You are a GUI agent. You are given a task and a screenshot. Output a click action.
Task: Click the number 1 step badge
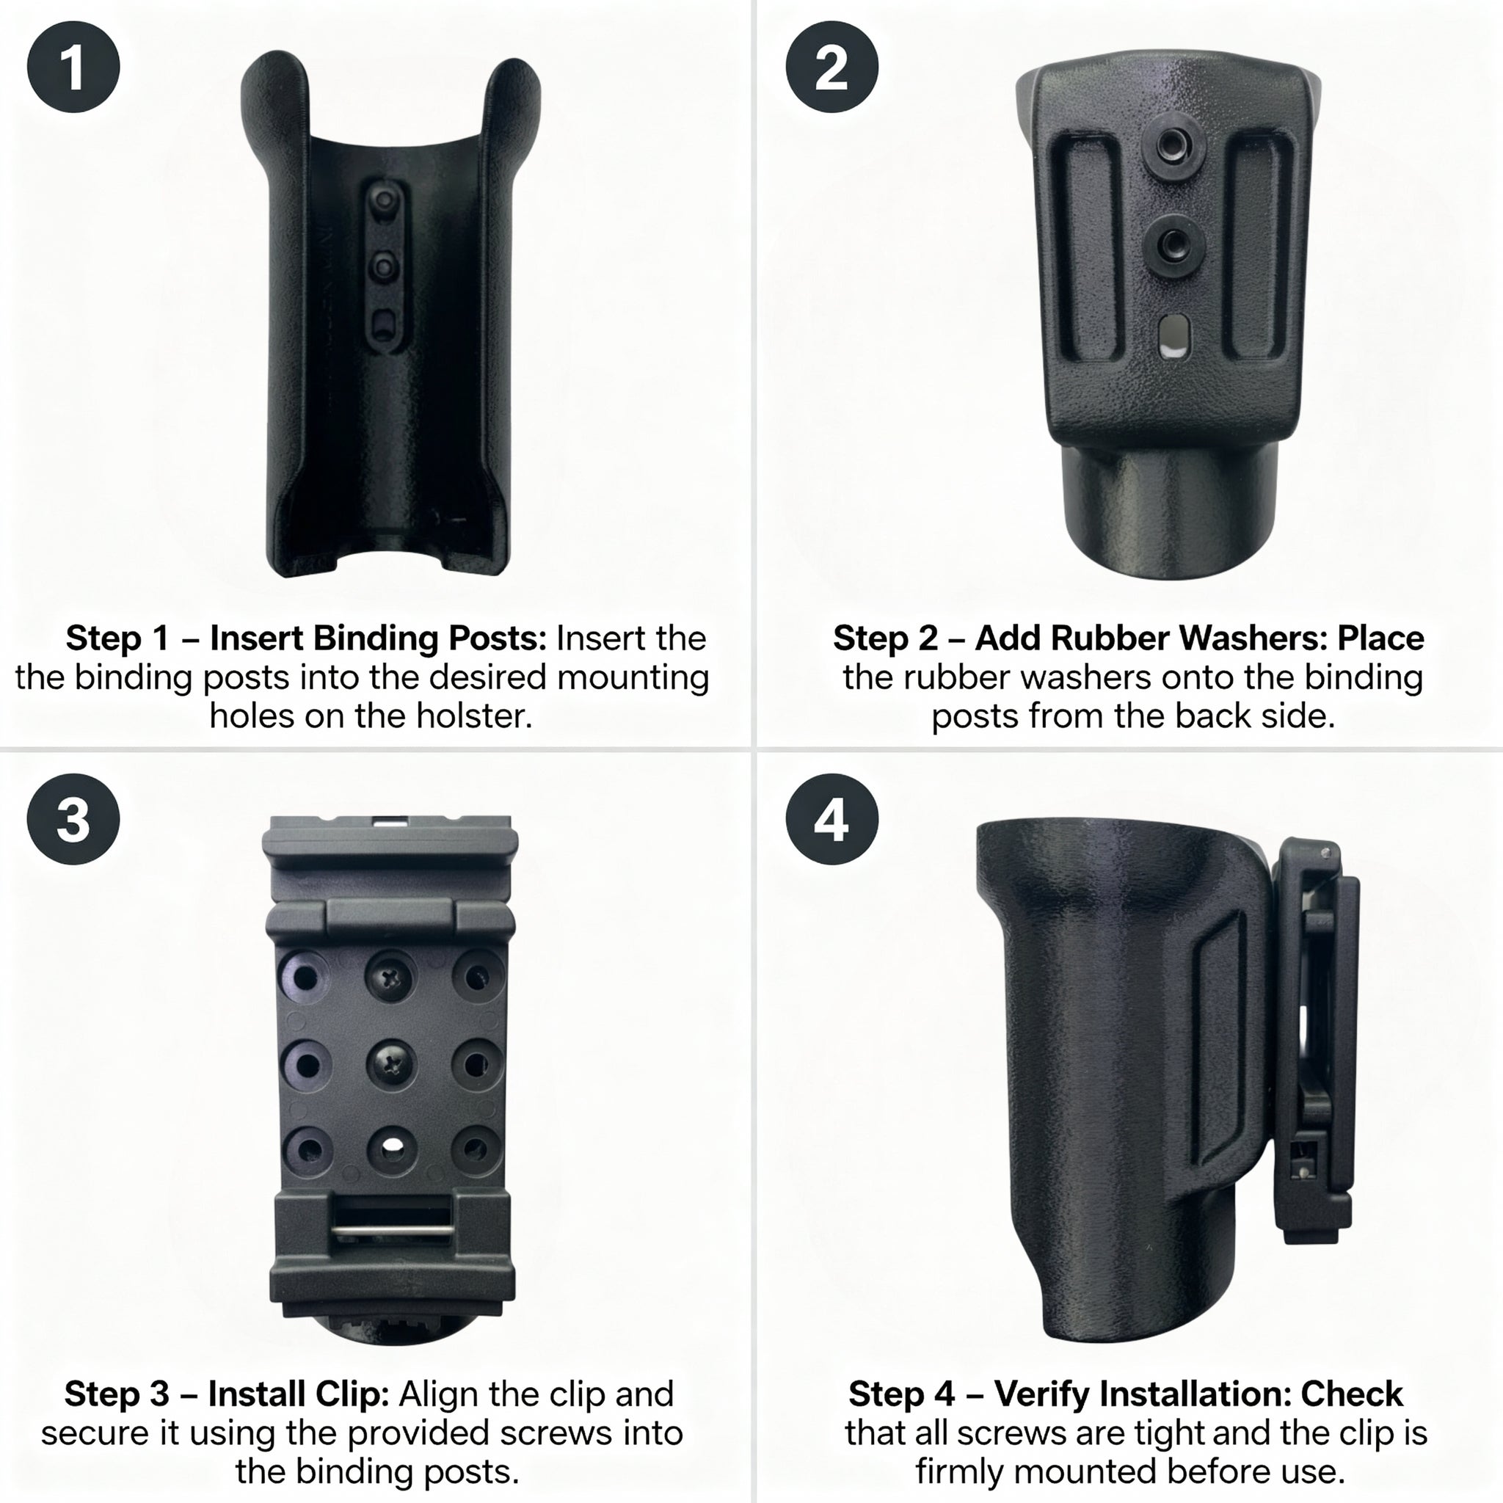coord(73,67)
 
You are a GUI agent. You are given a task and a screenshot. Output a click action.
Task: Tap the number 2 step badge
coord(831,67)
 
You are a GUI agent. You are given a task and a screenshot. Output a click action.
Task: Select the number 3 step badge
coord(73,819)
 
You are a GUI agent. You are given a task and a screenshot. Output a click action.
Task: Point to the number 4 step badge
coord(831,819)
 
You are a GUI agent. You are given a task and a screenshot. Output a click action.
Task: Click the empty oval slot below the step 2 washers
coord(1171,337)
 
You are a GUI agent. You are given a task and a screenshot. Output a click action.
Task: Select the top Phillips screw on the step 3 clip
coord(392,976)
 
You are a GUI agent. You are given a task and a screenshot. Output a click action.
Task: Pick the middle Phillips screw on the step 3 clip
coord(392,1063)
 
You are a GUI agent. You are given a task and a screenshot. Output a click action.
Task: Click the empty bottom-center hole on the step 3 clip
coord(392,1149)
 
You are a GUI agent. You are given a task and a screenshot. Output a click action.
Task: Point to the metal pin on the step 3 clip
coord(393,1230)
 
